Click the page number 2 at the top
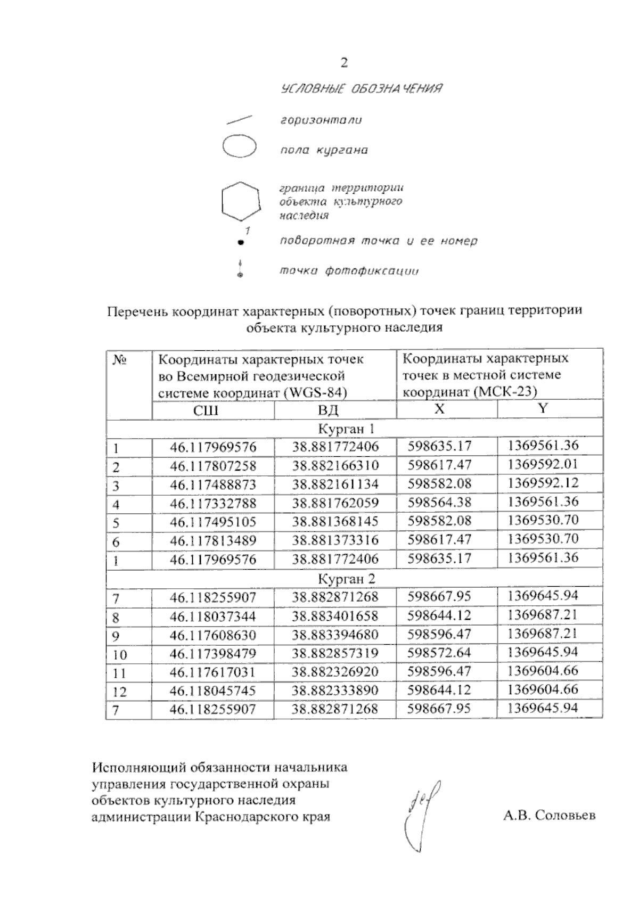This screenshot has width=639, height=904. [344, 63]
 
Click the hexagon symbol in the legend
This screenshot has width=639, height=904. [241, 201]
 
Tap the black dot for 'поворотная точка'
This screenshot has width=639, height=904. [240, 242]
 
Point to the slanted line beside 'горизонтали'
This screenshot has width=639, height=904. [239, 119]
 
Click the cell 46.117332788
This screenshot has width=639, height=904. [213, 503]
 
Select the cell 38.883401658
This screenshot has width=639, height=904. [335, 617]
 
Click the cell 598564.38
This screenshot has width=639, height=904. [439, 503]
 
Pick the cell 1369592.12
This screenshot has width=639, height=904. [543, 483]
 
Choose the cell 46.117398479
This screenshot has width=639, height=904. [213, 653]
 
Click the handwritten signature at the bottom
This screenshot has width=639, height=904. [423, 815]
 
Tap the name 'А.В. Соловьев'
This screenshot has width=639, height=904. [549, 816]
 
